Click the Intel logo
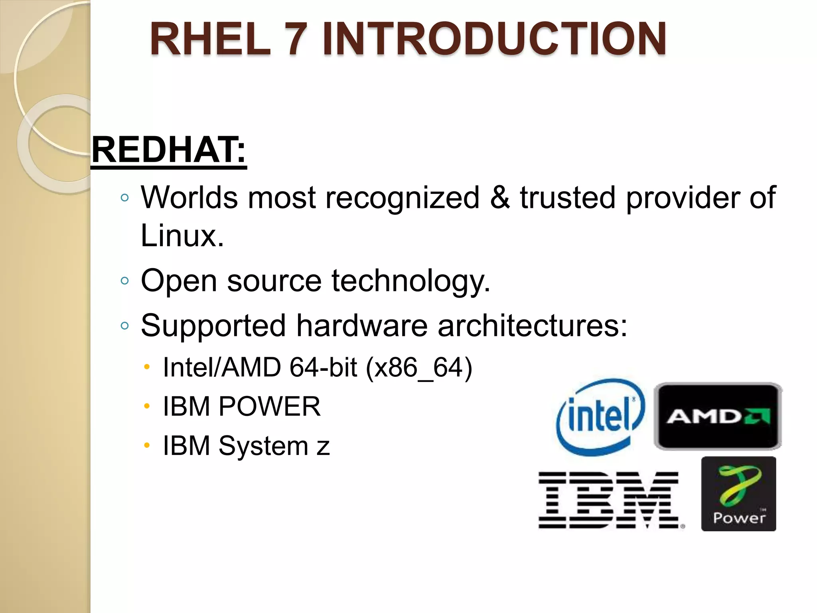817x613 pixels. tap(600, 417)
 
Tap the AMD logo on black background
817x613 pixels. tap(718, 416)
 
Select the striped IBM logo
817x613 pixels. tap(610, 500)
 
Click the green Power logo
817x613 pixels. tap(739, 494)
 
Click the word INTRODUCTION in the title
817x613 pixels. tap(494, 39)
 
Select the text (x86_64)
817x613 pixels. tap(419, 368)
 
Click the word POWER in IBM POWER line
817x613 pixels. tap(270, 407)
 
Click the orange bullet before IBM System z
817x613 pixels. tap(147, 445)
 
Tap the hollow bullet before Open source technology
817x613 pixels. tap(125, 281)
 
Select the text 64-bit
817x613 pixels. tap(323, 367)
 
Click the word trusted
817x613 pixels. tap(568, 197)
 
